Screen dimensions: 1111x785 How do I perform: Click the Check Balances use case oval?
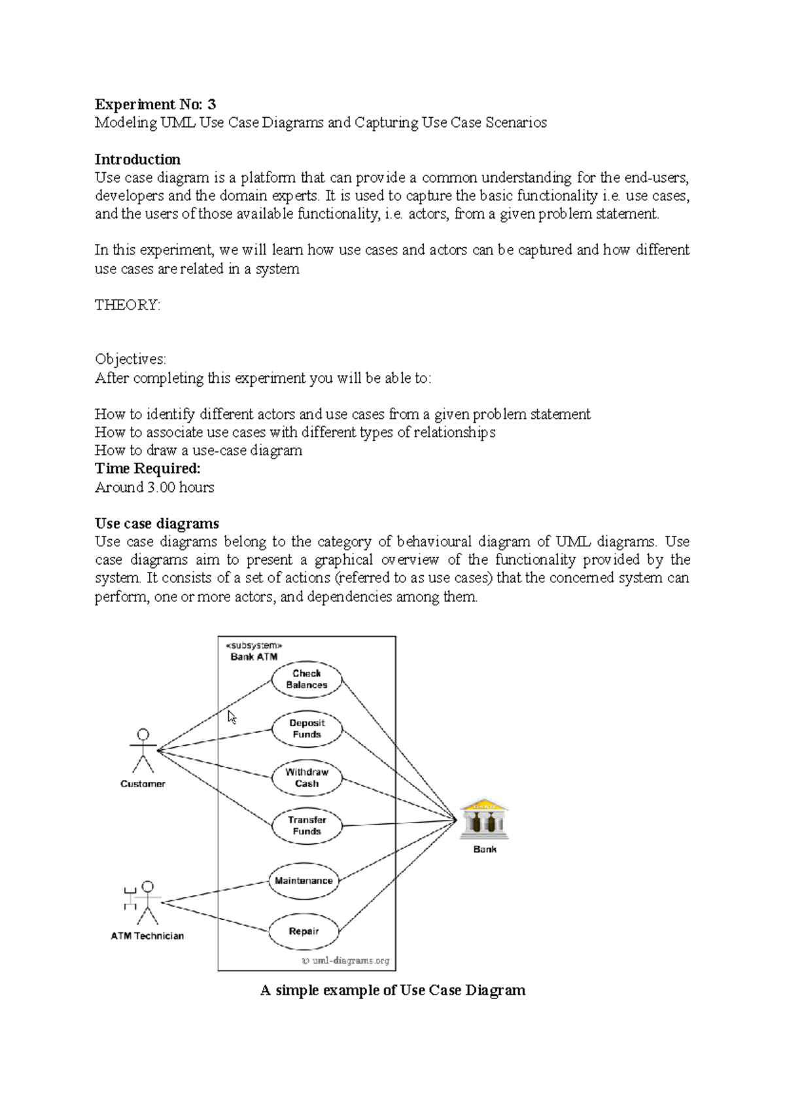[306, 679]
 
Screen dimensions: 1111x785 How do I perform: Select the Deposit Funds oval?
[307, 728]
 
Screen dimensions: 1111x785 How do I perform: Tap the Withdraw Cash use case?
[307, 777]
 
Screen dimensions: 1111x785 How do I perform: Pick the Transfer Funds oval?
[307, 826]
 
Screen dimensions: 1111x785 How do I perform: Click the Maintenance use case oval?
[304, 881]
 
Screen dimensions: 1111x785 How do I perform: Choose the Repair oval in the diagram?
[304, 931]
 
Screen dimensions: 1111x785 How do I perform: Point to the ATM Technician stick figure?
[146, 902]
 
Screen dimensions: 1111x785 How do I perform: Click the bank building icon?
[484, 819]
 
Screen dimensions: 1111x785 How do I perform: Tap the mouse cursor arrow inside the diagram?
[232, 716]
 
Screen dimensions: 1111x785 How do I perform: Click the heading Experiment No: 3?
[155, 104]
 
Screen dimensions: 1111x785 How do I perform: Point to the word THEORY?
[128, 305]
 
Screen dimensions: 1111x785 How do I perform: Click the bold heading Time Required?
[147, 468]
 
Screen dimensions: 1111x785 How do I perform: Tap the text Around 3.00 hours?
[154, 487]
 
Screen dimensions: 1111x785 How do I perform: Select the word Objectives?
[130, 359]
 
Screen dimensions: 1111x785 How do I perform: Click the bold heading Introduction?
[137, 160]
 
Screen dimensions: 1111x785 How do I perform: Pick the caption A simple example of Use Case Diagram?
[392, 990]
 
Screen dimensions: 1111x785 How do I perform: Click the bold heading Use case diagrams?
[157, 523]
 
